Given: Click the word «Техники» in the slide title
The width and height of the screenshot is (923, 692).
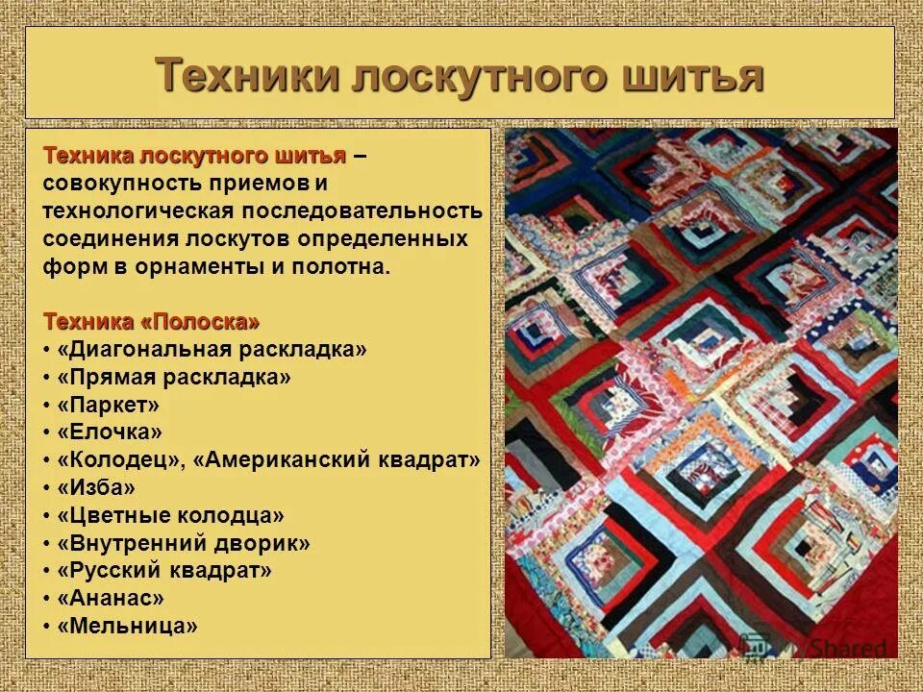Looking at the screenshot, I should pos(244,74).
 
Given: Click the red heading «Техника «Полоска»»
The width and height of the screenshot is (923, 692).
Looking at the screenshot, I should pos(151,321).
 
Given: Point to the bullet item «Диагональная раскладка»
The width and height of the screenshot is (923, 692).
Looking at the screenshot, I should pos(212,349).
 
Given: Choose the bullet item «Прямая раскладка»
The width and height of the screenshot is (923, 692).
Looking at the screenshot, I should pos(174,377).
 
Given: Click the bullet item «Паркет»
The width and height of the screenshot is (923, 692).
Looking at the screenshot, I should pos(108,405).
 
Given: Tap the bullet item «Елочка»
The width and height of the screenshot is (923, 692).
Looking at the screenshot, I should pos(110,432).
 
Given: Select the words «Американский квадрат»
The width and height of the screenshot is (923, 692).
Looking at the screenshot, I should pos(337,460).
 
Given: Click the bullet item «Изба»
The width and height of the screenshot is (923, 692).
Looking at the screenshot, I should pos(96,488).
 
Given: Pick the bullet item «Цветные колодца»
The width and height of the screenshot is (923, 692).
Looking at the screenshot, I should pos(170,516).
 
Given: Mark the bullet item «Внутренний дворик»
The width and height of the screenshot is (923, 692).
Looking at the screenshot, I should pos(184,543).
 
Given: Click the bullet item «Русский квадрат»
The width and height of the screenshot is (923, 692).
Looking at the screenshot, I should pos(164,571).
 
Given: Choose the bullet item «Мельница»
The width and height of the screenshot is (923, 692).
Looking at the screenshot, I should pos(127,626).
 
